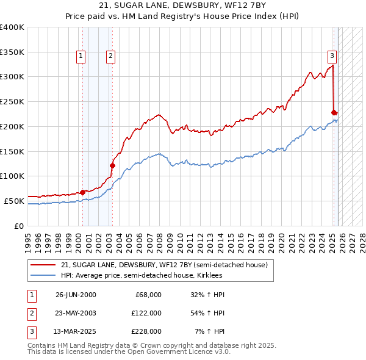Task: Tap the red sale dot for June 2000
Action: point(83,192)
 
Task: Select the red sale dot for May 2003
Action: point(112,165)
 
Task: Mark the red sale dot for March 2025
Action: point(334,112)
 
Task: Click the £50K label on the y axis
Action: point(13,201)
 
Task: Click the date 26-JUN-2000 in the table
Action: point(76,295)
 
